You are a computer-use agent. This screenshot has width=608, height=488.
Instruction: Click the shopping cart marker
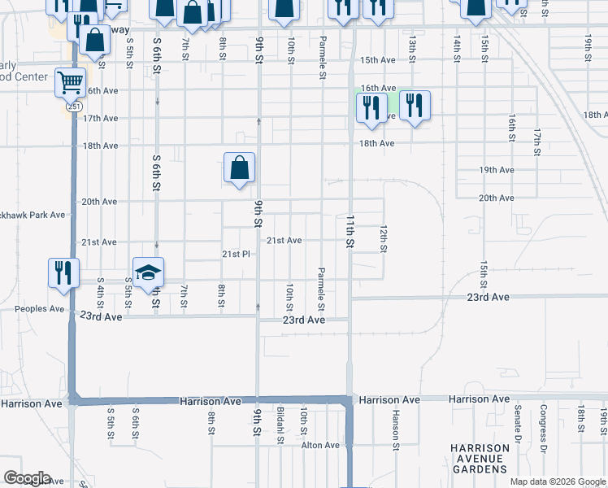[x=71, y=82]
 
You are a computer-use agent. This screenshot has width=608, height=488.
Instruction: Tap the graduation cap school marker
[x=149, y=272]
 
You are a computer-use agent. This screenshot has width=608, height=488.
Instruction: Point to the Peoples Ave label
[x=39, y=309]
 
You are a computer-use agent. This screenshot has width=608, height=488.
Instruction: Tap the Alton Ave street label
[x=320, y=445]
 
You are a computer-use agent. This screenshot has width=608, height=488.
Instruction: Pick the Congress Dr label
[x=543, y=422]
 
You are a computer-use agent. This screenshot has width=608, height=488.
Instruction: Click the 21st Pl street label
[x=235, y=254]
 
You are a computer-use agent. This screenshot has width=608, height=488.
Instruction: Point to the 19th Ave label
[x=497, y=170]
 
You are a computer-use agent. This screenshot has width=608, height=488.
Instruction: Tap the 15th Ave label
[x=377, y=60]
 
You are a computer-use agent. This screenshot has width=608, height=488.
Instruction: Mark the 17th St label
[x=537, y=142]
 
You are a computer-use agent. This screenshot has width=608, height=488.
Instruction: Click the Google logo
[x=27, y=478]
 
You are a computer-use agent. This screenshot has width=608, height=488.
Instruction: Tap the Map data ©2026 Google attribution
[x=558, y=481]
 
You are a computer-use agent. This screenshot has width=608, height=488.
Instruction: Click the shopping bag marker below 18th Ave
[x=240, y=168]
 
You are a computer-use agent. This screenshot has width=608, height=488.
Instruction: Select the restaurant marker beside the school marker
[x=63, y=273]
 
